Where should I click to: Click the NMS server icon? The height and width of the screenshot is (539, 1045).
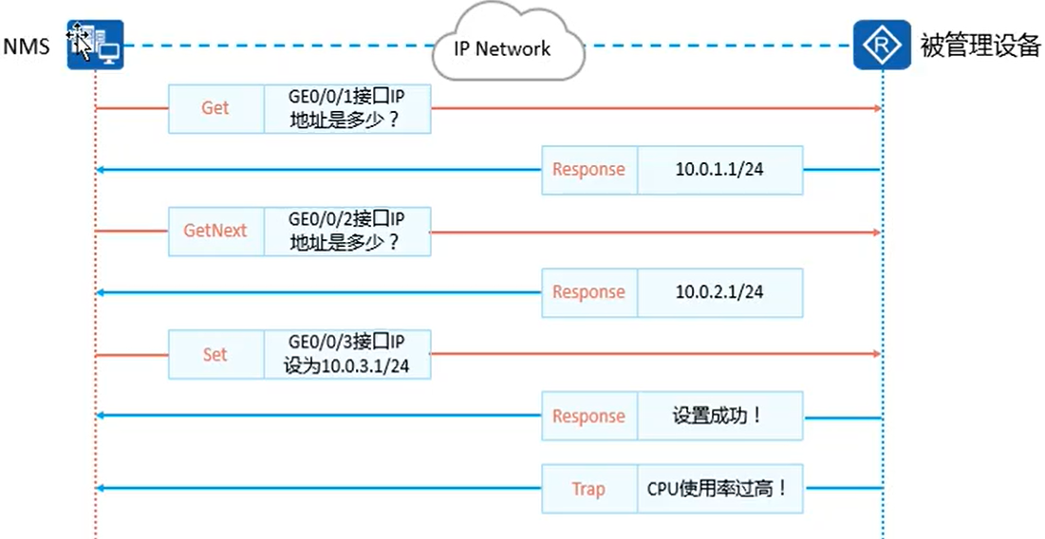tap(95, 45)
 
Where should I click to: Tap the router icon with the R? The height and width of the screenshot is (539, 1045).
tap(882, 45)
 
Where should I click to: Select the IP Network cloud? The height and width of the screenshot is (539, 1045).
tap(500, 47)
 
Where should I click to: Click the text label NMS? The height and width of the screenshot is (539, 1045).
tap(26, 46)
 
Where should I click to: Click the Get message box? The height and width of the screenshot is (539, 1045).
tap(215, 108)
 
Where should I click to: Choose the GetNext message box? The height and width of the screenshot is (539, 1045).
tap(215, 231)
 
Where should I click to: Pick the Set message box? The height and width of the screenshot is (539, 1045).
tap(215, 354)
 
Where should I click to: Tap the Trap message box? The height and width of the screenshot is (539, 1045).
tap(588, 489)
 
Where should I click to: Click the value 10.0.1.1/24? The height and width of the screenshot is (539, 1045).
tap(719, 170)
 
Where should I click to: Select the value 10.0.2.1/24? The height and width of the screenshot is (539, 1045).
tap(719, 292)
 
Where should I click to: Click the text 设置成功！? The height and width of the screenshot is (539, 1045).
tap(719, 416)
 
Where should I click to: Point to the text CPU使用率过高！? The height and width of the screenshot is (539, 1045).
tap(718, 489)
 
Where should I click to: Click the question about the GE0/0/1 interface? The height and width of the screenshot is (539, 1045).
tap(346, 108)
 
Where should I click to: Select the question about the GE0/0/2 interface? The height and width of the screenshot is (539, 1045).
tap(346, 231)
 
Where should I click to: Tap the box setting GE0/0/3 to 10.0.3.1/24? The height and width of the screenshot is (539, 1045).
tap(346, 354)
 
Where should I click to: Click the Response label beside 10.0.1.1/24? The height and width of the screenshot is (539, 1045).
tap(588, 170)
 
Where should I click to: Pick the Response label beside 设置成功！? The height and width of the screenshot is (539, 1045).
tap(588, 416)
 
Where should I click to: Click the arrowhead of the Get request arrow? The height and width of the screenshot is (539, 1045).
tap(877, 108)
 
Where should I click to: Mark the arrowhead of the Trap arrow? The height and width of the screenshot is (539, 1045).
tap(102, 489)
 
